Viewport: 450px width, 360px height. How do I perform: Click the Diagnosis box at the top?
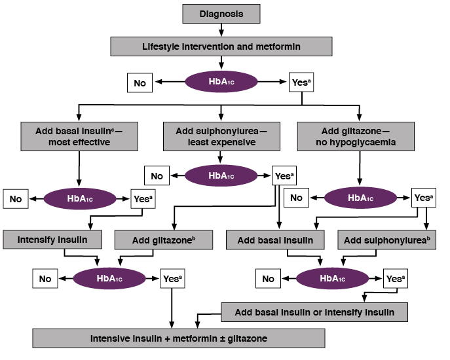click(221, 13)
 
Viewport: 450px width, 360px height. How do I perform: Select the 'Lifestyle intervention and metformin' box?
click(221, 46)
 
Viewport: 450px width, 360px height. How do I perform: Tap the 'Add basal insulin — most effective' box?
click(79, 136)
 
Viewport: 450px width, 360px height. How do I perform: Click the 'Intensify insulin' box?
click(53, 240)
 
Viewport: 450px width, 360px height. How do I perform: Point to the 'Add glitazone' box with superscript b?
click(164, 240)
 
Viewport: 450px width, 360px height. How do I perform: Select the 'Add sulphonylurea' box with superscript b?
click(387, 240)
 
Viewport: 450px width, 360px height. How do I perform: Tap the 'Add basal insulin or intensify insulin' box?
click(314, 312)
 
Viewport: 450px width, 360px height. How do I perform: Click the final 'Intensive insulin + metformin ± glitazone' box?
click(179, 338)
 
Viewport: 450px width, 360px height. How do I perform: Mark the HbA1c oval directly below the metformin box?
click(221, 83)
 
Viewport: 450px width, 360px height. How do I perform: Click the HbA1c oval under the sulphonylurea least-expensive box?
click(221, 175)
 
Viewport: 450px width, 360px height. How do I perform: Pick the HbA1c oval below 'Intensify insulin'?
click(109, 279)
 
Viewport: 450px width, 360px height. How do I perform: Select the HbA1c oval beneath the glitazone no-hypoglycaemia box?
click(361, 197)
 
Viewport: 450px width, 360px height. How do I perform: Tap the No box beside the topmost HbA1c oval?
click(140, 83)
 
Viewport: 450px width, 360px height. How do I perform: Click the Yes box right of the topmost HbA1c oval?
click(301, 83)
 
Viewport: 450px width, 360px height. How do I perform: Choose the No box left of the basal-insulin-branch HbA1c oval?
click(15, 198)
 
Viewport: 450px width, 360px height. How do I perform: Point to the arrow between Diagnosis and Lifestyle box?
click(221, 30)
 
